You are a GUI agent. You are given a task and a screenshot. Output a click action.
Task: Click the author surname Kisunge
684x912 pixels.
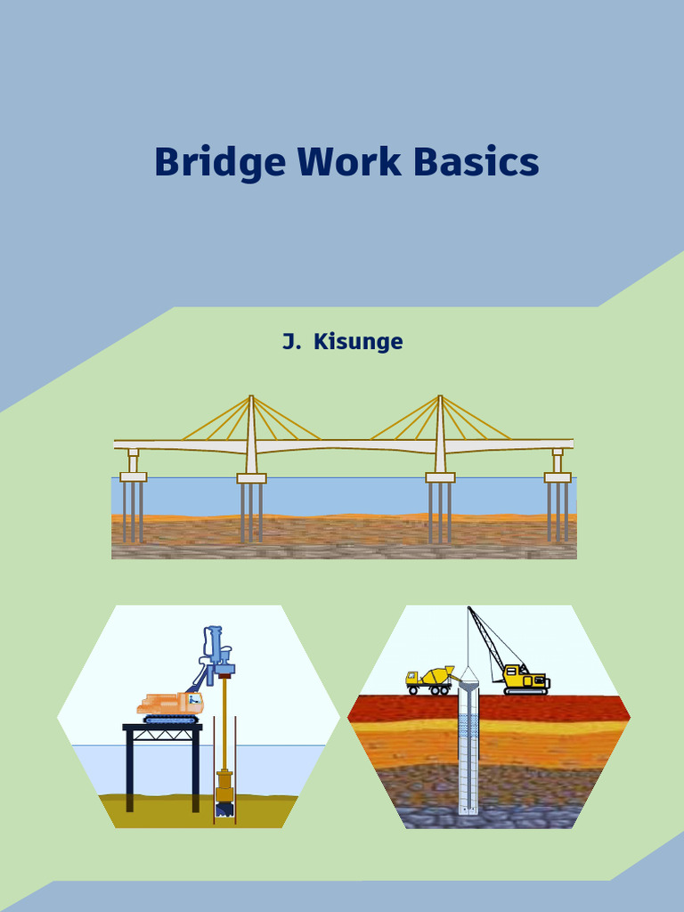pos(358,341)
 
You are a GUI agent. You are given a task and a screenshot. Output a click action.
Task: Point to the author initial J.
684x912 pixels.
pos(289,341)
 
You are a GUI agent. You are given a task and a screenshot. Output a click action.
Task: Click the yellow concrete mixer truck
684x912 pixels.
pos(429,680)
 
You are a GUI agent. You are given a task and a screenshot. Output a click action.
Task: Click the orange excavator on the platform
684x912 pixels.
pos(169,704)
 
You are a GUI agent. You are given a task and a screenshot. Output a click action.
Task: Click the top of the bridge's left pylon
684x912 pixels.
pos(251,399)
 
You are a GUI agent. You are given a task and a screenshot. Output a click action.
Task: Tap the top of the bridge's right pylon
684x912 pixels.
pos(440,399)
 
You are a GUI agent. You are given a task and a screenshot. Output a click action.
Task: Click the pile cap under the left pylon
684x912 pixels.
pos(251,478)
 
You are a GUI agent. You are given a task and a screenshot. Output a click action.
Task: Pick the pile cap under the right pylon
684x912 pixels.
pos(440,478)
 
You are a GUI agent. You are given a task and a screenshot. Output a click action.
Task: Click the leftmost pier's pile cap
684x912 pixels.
pos(134,477)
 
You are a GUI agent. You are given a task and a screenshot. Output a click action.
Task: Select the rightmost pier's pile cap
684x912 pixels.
pos(558,477)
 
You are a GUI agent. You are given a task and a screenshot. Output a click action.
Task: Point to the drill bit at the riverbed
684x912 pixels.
pos(224,809)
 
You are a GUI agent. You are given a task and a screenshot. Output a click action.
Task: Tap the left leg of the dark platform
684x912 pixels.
pos(129,770)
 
